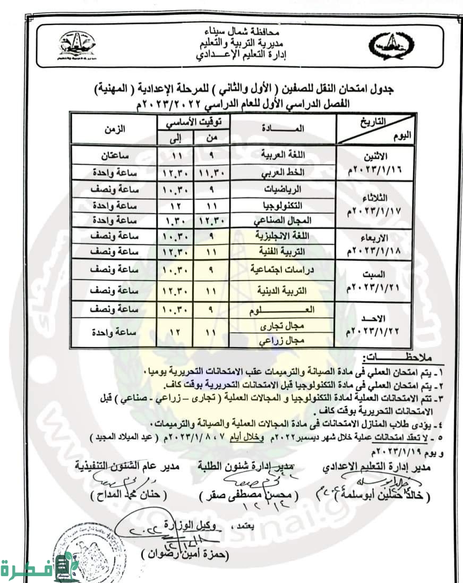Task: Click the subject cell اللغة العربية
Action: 283,155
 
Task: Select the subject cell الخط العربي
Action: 283,173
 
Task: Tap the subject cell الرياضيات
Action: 283,189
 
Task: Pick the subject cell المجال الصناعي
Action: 283,220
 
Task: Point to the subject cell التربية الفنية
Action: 283,251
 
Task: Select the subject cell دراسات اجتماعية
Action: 283,269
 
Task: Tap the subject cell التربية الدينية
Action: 283,291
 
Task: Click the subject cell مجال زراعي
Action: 283,342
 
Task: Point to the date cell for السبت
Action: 374,280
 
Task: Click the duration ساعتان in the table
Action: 113,155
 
